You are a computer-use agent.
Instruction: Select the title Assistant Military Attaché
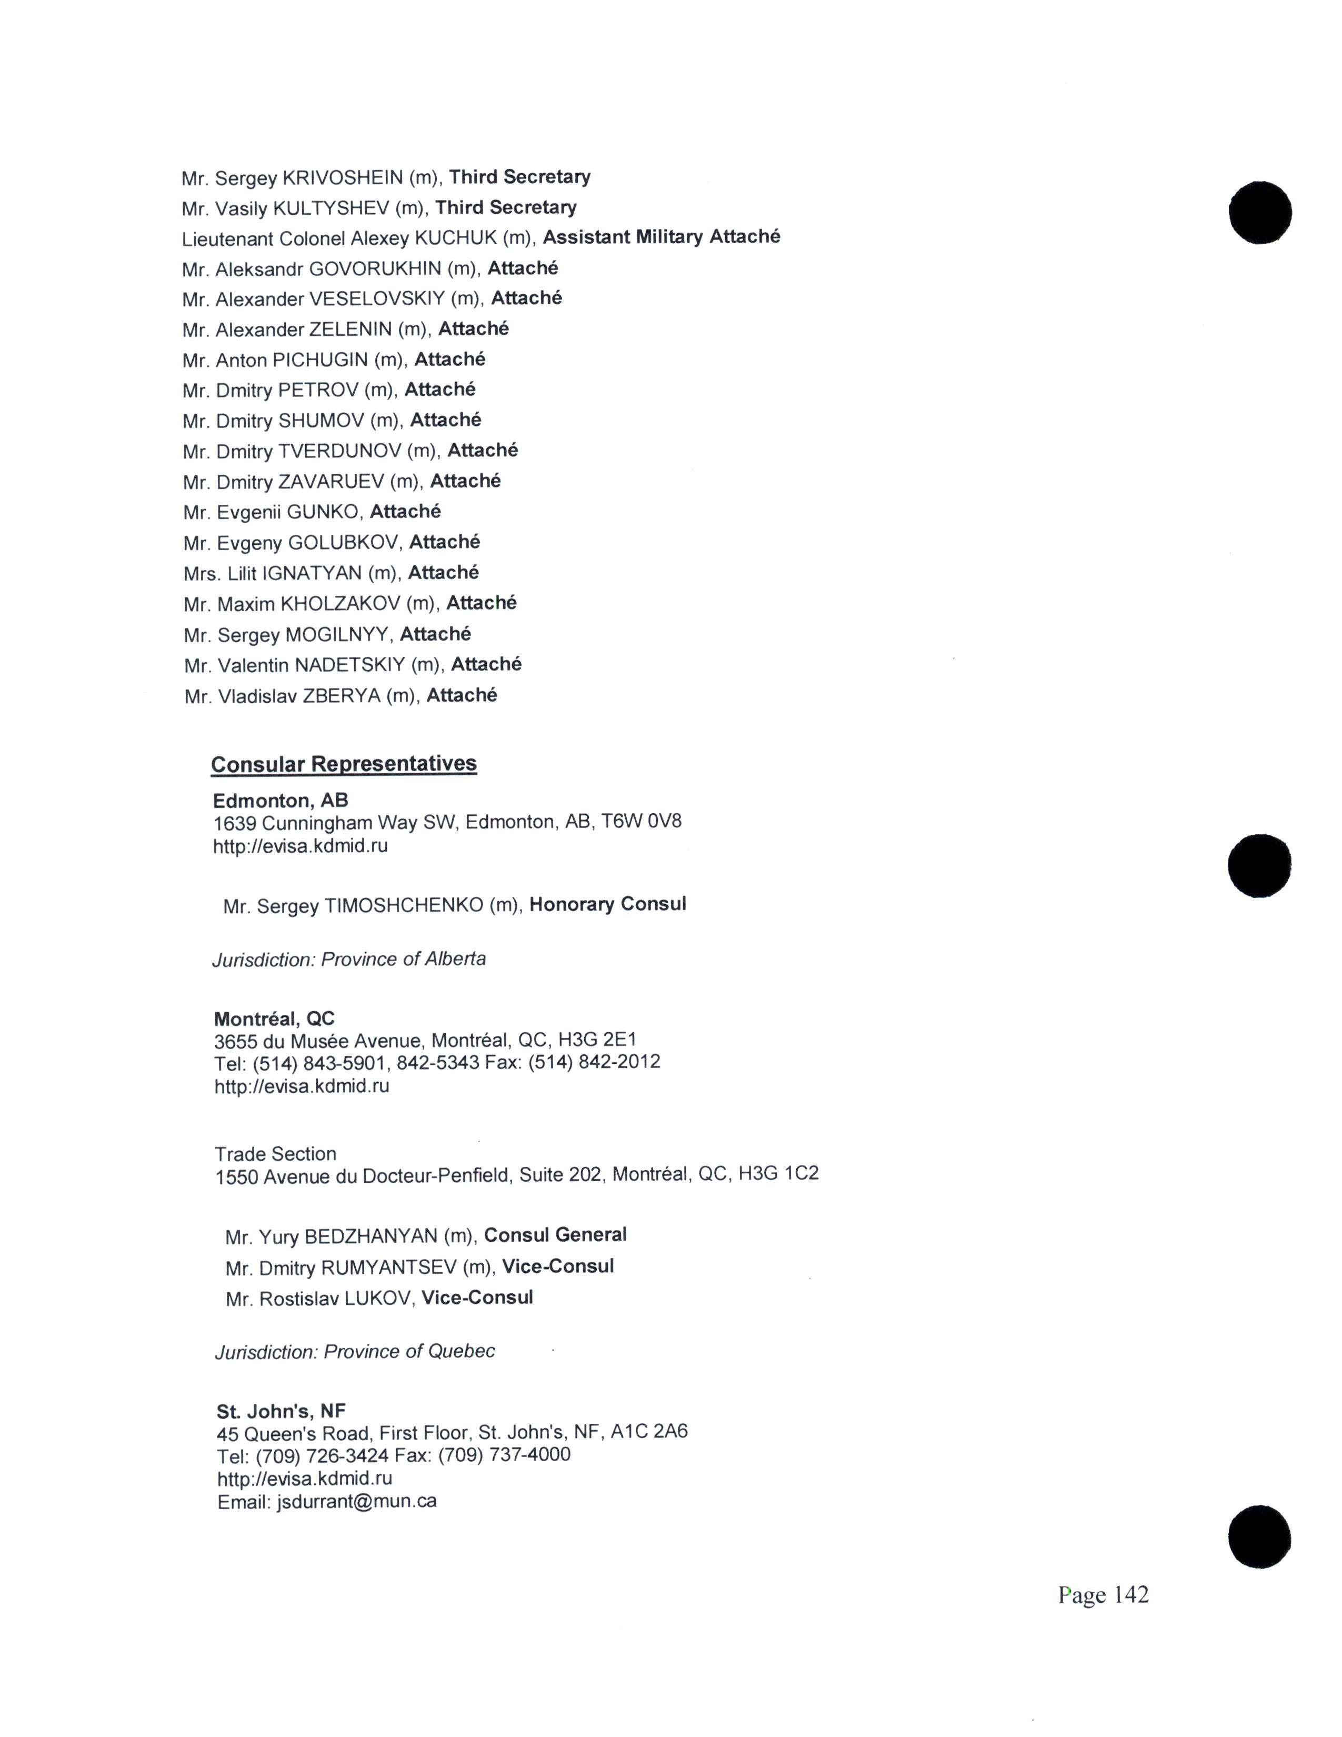click(662, 237)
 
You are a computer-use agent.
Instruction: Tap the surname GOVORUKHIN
click(375, 269)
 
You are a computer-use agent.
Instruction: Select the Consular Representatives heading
click(344, 764)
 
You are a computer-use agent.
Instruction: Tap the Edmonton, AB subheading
click(281, 800)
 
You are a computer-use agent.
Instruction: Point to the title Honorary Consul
click(607, 904)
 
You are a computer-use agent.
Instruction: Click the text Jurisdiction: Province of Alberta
click(349, 959)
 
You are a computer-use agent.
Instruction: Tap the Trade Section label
click(275, 1153)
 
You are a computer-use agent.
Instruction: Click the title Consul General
click(555, 1235)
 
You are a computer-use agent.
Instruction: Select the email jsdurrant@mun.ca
click(356, 1502)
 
